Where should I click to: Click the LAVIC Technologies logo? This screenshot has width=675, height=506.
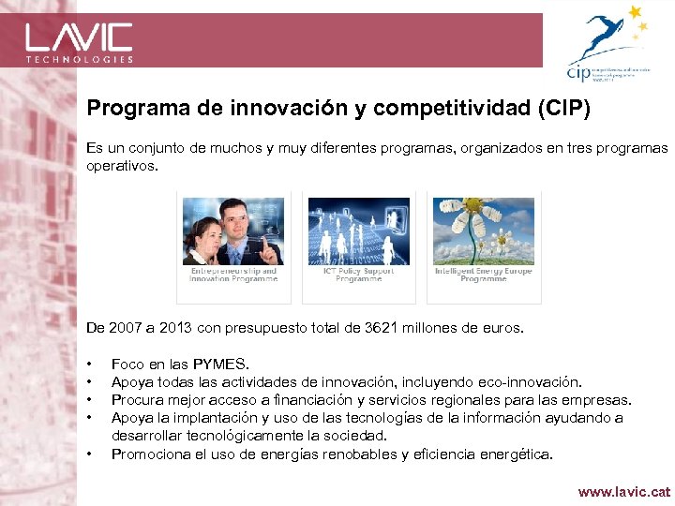click(x=79, y=41)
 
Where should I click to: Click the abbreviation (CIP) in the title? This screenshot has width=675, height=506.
click(x=562, y=110)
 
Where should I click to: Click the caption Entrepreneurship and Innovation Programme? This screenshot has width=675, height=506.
click(x=233, y=275)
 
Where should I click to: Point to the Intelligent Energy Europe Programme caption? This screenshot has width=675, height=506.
click(x=483, y=275)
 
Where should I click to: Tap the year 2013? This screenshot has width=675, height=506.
click(x=181, y=328)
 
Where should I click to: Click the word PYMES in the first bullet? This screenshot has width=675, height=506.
click(x=224, y=365)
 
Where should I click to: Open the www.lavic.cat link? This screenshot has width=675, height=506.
click(x=623, y=491)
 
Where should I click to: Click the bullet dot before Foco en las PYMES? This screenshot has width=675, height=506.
click(x=89, y=365)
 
